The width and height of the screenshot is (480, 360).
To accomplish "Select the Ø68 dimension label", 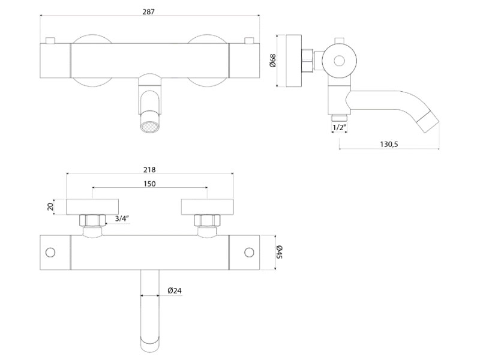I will click(273, 61).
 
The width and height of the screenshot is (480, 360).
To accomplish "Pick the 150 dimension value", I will click(149, 184).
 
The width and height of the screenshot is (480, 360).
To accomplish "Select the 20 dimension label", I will click(51, 206).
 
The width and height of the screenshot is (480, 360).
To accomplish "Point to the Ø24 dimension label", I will click(175, 290).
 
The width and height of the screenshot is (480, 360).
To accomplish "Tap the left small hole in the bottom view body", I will click(51, 251).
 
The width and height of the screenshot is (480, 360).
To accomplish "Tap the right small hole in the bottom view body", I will click(248, 251).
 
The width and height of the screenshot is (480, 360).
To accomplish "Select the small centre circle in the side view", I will click(340, 60).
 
